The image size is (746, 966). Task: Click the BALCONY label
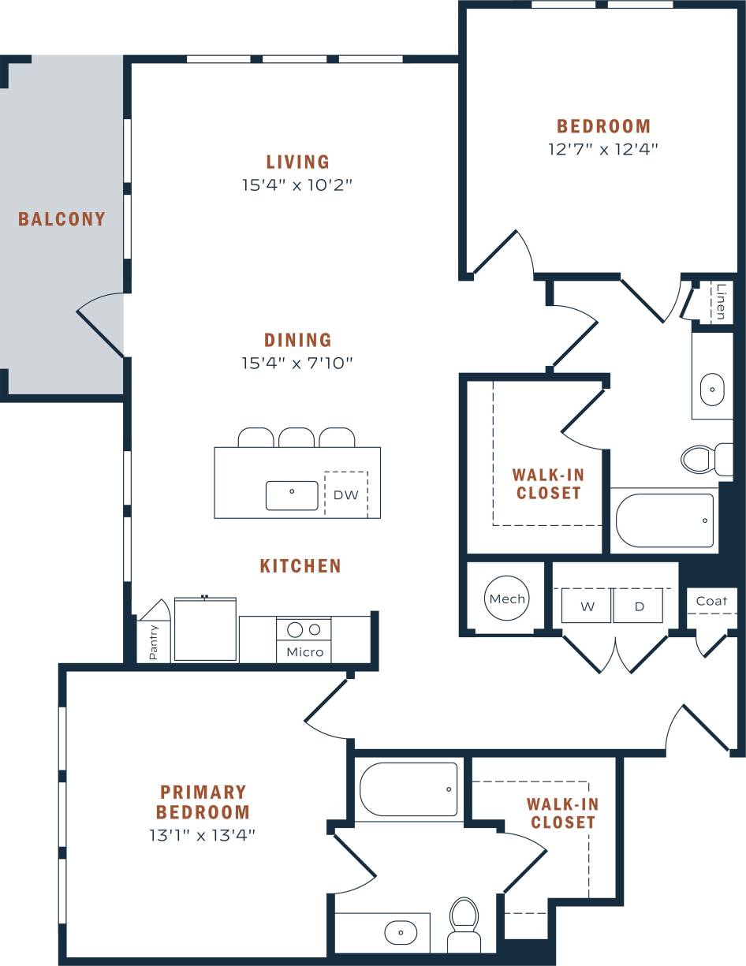[62, 219]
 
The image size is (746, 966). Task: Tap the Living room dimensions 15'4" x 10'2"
[297, 186]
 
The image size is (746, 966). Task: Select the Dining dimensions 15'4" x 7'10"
[297, 364]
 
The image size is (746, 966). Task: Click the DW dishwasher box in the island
[345, 494]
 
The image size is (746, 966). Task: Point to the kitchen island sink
[292, 495]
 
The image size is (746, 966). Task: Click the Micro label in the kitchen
[304, 651]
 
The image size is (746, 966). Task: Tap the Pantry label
[153, 642]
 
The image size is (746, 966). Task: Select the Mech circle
[507, 599]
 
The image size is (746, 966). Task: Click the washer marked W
[587, 606]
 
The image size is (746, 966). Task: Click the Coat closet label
[711, 601]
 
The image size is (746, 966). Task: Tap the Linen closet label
[721, 301]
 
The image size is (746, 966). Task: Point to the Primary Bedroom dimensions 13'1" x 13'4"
[203, 835]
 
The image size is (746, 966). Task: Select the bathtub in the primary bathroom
[408, 789]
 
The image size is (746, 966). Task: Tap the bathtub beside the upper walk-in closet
[665, 520]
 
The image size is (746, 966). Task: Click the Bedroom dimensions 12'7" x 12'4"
[603, 148]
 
